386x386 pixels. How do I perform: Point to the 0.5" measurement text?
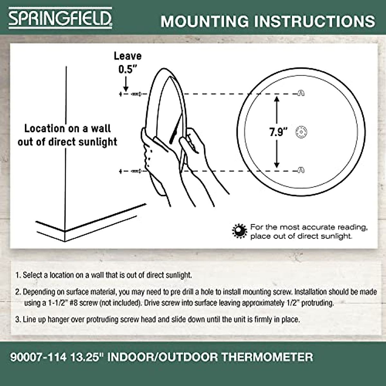tap(126, 69)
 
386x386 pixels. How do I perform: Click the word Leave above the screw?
tap(128, 56)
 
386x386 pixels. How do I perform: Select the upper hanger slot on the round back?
tap(300, 93)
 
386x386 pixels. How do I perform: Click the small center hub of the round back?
tap(301, 132)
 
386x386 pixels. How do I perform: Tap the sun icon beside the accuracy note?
tap(239, 231)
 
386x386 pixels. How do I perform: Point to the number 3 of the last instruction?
tap(17, 320)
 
